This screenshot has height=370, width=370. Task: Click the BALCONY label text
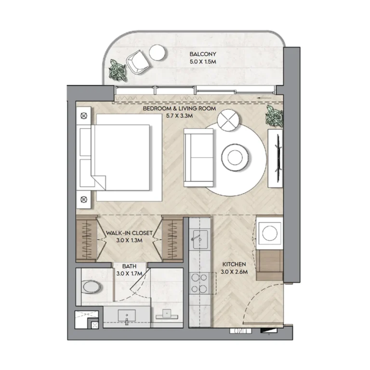coord(203,54)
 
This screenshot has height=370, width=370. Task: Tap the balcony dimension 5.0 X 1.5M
coord(203,62)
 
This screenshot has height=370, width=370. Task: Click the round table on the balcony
coord(157,53)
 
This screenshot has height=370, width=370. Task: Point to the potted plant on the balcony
coord(118,71)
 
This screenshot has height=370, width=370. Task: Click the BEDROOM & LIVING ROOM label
coord(179,108)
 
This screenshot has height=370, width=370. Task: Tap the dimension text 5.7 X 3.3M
coord(179,116)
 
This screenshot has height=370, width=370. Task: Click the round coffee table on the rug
coord(235,157)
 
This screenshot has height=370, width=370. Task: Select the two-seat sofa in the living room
coord(198,158)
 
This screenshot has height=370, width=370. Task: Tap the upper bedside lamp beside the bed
coord(84,116)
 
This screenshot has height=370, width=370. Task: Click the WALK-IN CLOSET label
coord(129,233)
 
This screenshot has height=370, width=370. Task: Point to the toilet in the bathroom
coord(92,287)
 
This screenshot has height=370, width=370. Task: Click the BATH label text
coord(129,266)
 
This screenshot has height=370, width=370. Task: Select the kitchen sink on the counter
coord(200,239)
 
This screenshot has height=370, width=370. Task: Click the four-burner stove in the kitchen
coord(199,283)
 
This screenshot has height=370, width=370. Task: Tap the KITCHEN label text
coord(234,264)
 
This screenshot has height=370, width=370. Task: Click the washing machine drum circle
coord(270,233)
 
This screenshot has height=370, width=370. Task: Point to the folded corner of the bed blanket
coord(99,182)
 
